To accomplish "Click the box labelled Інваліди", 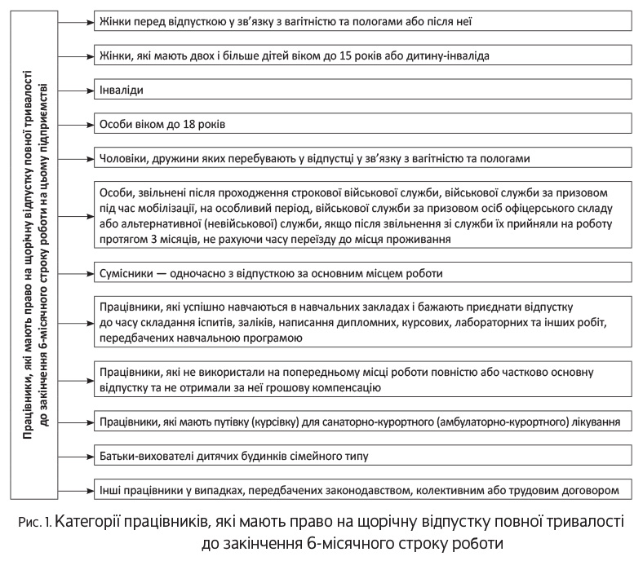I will [364, 89].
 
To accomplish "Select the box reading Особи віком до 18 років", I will [364, 124].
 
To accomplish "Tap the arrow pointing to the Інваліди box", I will [78, 89].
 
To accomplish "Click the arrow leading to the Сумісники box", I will [78, 272].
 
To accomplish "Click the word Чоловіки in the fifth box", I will [123, 158].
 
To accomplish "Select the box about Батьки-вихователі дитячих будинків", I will [364, 456].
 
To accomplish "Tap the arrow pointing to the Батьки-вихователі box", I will [78, 456].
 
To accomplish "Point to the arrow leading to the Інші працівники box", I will [78, 490].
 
